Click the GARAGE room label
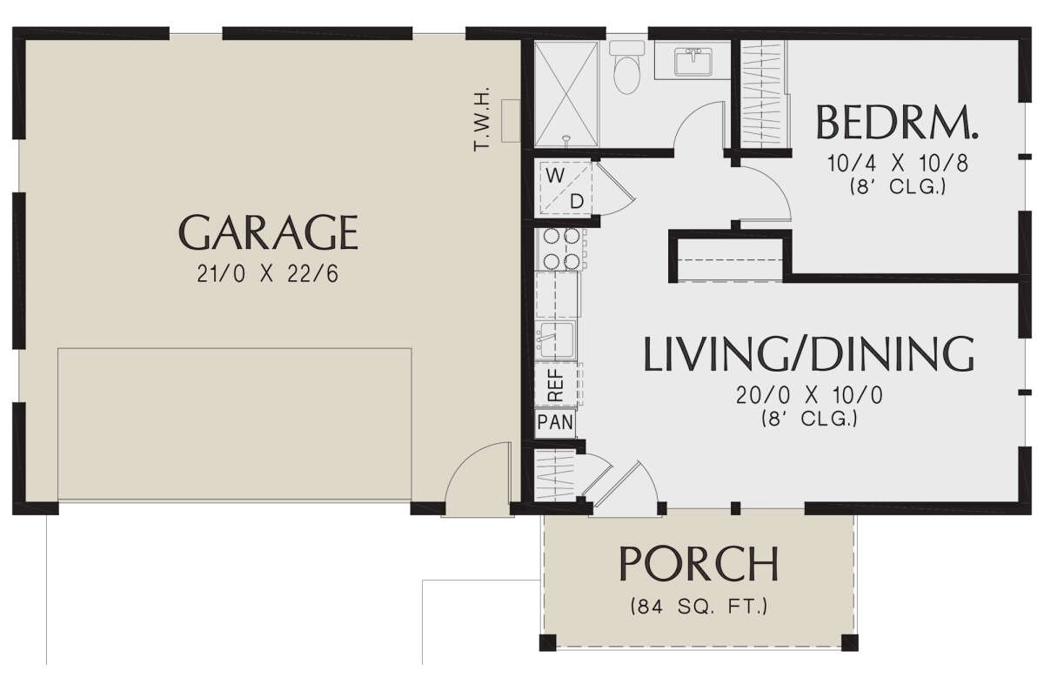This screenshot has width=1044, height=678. click(x=268, y=232)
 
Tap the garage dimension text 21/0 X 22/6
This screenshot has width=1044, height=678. click(x=268, y=275)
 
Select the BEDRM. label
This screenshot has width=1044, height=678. click(x=897, y=124)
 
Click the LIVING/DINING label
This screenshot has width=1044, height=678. click(x=808, y=353)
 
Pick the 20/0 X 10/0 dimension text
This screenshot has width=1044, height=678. click(x=808, y=395)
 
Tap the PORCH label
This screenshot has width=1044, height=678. click(x=698, y=564)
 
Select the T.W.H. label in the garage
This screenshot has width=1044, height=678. click(x=483, y=119)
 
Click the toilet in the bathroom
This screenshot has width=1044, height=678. click(x=626, y=70)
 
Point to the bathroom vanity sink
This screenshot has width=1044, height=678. click(x=693, y=60)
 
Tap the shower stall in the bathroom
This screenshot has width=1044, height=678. click(x=565, y=93)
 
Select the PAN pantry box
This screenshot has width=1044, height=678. click(x=553, y=424)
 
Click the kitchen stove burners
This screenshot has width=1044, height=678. click(x=559, y=248)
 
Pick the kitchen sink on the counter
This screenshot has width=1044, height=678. click(x=555, y=337)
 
